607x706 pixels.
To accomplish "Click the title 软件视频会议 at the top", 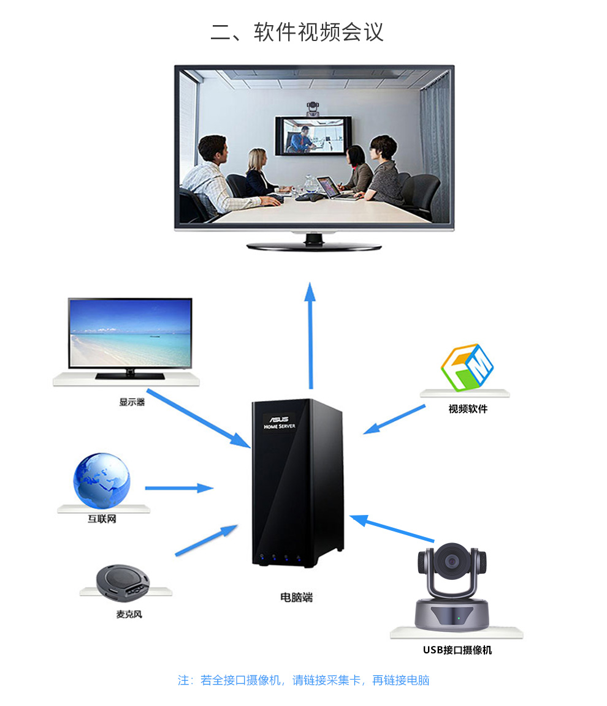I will tap(297, 32).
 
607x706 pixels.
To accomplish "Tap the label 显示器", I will tap(132, 402).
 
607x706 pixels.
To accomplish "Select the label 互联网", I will tap(102, 519).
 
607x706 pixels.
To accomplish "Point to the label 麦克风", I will tap(129, 614).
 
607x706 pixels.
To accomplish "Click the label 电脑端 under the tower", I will tap(297, 596).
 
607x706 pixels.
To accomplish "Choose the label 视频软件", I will tap(468, 408).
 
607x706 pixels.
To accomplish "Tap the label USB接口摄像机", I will tap(457, 650).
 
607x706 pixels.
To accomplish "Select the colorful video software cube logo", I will tap(467, 367).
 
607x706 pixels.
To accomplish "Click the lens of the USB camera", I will tap(452, 560).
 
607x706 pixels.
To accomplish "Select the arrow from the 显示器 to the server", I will tap(198, 416).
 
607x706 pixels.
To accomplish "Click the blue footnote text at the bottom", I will tap(303, 680).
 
